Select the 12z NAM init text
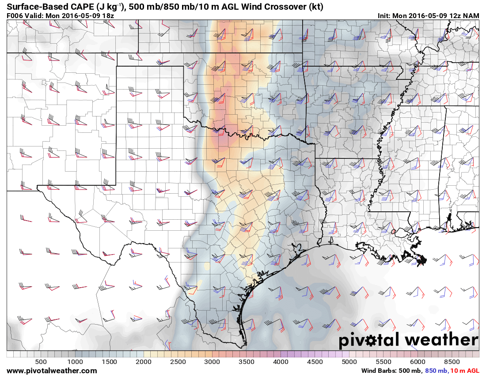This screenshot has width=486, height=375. (x=462, y=15)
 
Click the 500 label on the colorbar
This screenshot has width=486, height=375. (x=41, y=362)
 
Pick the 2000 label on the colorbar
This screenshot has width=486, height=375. (x=144, y=362)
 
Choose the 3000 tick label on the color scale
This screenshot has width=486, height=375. (x=212, y=362)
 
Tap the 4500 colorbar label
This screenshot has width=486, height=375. (x=315, y=362)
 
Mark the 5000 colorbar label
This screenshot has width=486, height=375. (x=349, y=362)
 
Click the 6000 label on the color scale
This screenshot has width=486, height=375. (x=418, y=362)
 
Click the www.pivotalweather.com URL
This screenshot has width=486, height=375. (x=52, y=371)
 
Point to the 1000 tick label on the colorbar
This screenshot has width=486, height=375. (x=75, y=362)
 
